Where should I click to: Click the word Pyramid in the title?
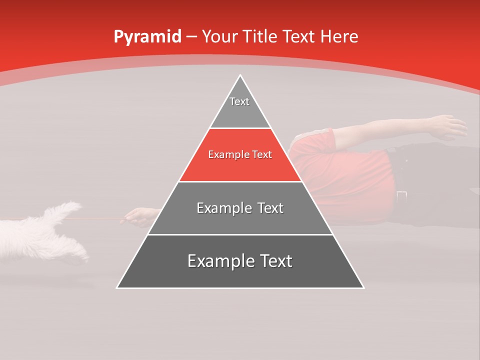click(147, 37)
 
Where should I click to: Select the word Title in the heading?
click(262, 37)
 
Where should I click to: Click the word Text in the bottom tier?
click(273, 261)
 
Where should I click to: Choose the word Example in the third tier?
click(220, 208)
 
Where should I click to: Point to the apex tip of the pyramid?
click(240, 76)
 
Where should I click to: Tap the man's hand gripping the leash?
click(137, 216)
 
